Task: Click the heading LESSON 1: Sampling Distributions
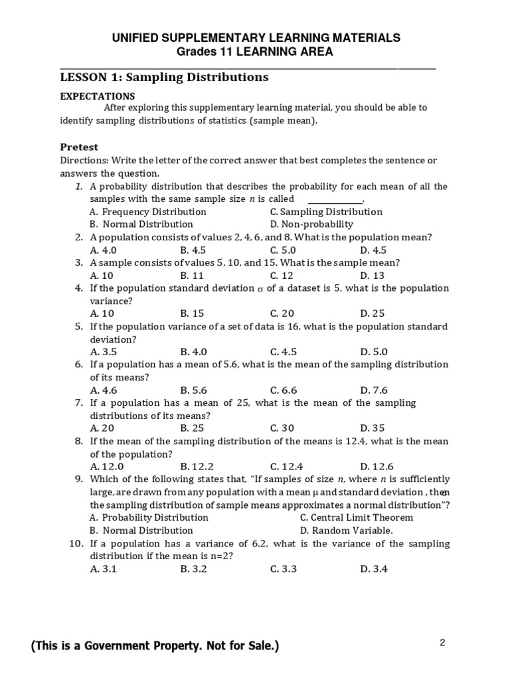pyautogui.click(x=164, y=78)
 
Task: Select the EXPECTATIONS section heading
pyautogui.click(x=98, y=96)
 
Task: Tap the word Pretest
pyautogui.click(x=79, y=147)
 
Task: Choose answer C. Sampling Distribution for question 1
pyautogui.click(x=326, y=212)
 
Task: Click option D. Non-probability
pyautogui.click(x=311, y=224)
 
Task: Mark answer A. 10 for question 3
pyautogui.click(x=102, y=275)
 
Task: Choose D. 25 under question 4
pyautogui.click(x=373, y=313)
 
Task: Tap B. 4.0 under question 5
pyautogui.click(x=194, y=352)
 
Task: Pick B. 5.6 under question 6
pyautogui.click(x=194, y=390)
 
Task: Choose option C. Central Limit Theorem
pyautogui.click(x=356, y=517)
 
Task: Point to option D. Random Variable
pyautogui.click(x=346, y=531)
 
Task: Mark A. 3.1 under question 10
pyautogui.click(x=104, y=568)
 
